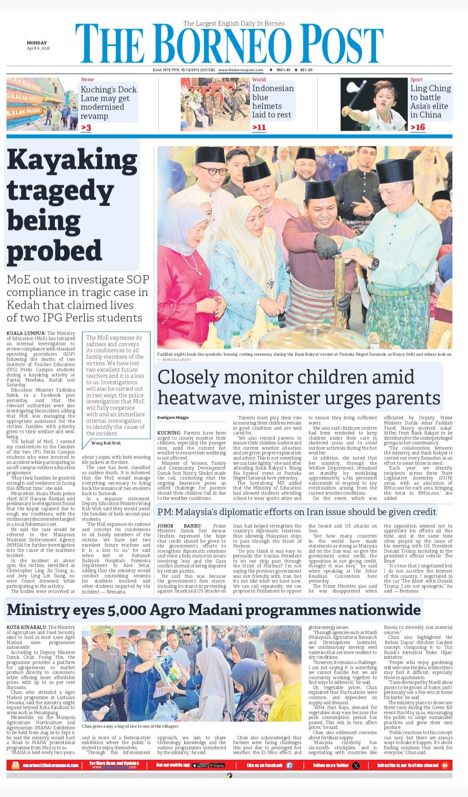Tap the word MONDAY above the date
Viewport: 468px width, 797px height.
[37, 43]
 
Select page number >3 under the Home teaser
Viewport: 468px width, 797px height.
[86, 128]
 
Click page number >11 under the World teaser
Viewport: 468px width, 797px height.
[259, 127]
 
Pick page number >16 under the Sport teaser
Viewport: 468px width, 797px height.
[418, 127]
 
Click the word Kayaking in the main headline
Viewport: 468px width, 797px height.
[72, 160]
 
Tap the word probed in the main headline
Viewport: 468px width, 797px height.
[54, 251]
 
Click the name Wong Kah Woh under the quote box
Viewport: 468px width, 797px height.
[106, 443]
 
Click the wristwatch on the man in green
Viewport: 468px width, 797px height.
[375, 262]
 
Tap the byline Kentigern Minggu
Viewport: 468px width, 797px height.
[173, 418]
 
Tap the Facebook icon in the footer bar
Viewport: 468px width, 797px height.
[289, 765]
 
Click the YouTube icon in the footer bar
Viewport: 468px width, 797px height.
[445, 765]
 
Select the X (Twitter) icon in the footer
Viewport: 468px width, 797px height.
[356, 765]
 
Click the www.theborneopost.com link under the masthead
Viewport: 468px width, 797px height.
[240, 70]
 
